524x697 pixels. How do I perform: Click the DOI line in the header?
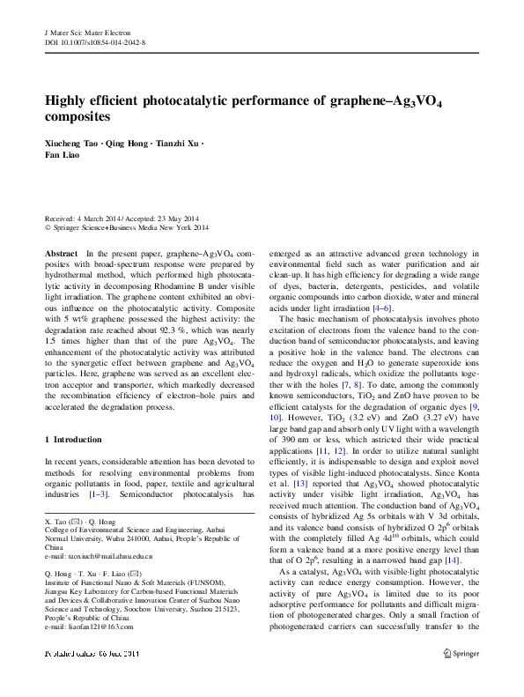pos(94,42)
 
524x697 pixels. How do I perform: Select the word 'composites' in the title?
pos(77,116)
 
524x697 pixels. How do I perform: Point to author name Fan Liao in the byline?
pos(63,157)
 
